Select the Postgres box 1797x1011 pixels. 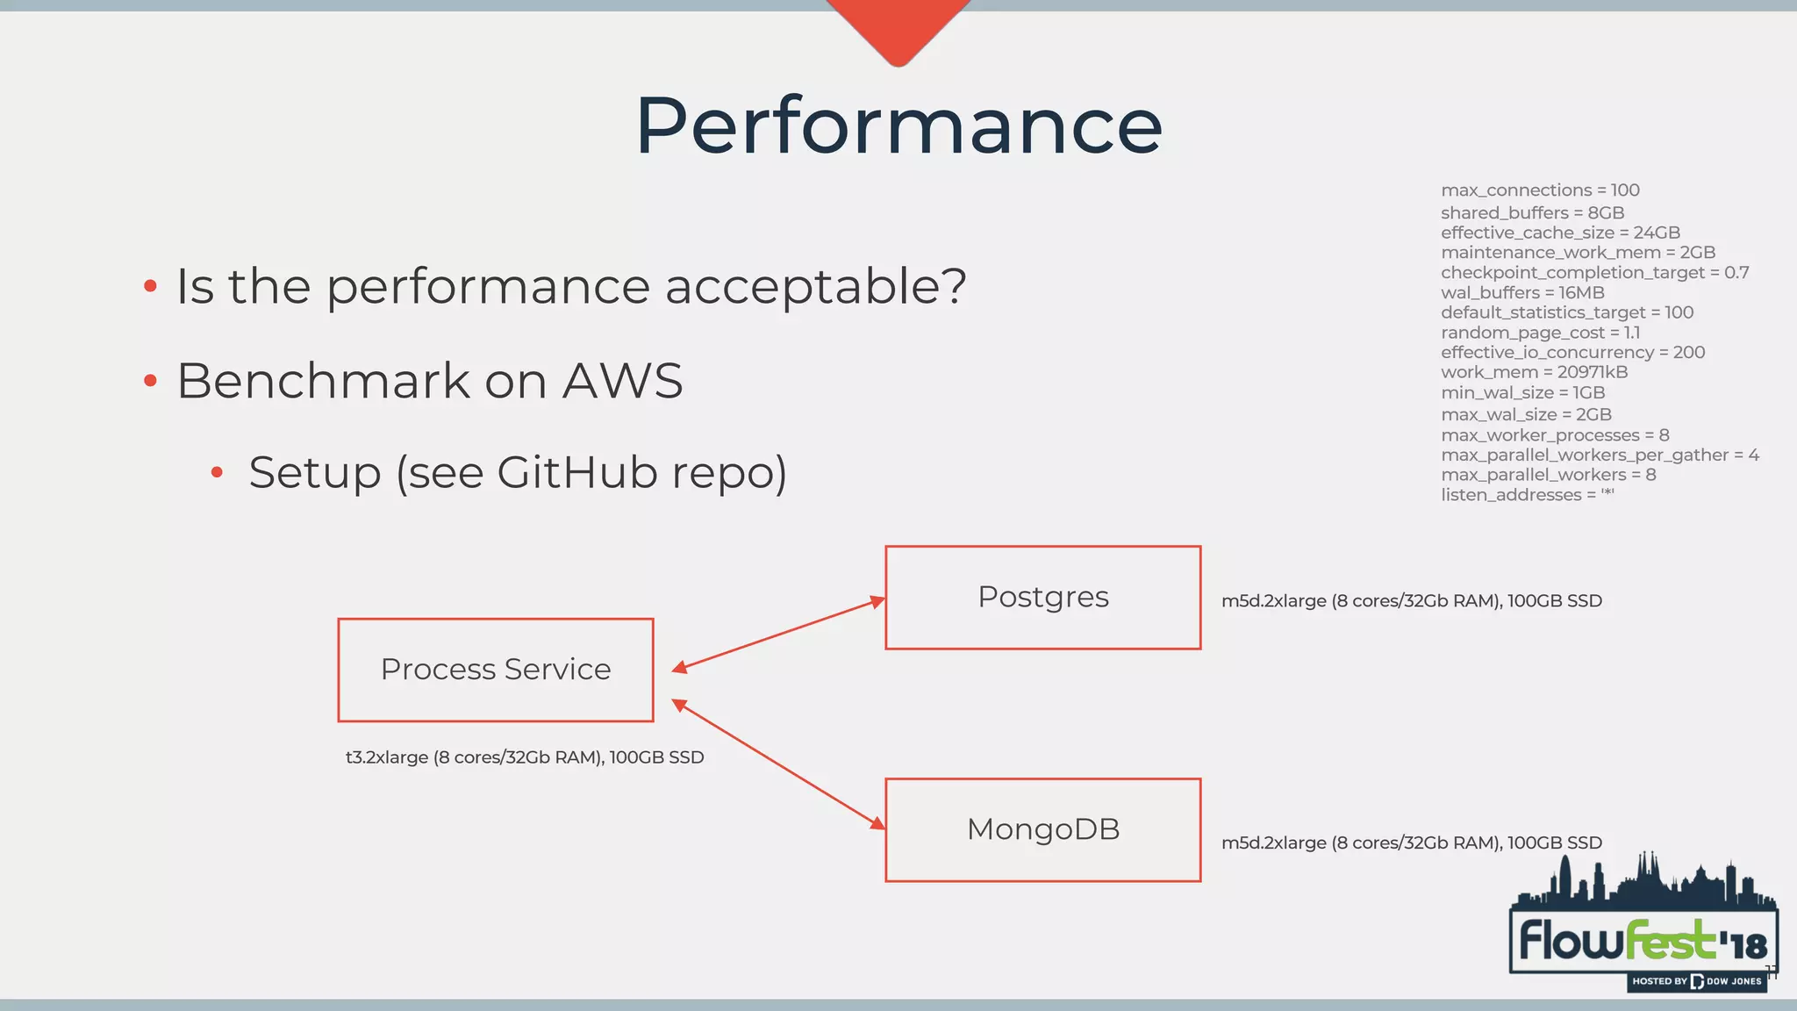[1042, 598]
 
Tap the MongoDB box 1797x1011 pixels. [1042, 829]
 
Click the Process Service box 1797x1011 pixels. [496, 670]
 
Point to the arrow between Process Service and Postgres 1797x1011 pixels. [778, 635]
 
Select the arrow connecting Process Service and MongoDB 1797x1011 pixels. [778, 764]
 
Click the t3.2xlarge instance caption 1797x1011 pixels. [525, 757]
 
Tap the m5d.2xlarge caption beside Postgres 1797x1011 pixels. [1411, 601]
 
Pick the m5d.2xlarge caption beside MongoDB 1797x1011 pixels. [1411, 842]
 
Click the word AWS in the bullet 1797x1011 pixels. [622, 381]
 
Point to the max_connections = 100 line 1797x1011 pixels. [1539, 190]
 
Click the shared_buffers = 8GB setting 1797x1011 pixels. [1532, 212]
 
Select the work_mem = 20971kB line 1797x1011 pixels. [1534, 372]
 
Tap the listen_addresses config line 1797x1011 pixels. [1527, 495]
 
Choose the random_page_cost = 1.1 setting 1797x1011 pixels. [1540, 333]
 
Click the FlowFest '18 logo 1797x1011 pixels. [1643, 939]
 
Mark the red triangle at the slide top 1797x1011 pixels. [898, 26]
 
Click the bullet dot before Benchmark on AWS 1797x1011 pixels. [150, 381]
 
